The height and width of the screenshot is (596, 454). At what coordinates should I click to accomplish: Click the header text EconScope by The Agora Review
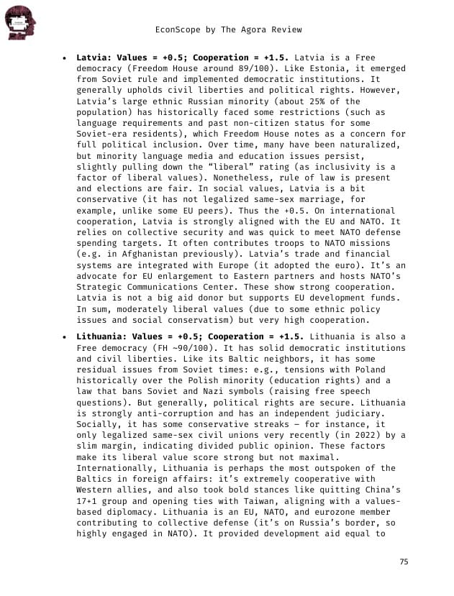tap(228, 29)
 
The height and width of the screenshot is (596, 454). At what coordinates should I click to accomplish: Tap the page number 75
tap(403, 561)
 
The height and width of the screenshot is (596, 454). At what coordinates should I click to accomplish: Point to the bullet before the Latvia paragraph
tap(65, 58)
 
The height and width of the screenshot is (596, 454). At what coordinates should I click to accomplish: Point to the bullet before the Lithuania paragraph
tap(65, 338)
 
